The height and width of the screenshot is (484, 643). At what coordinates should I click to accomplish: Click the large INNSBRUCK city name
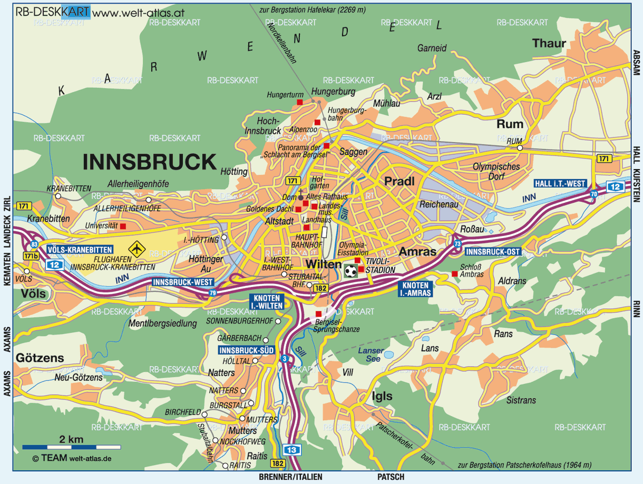coord(150,161)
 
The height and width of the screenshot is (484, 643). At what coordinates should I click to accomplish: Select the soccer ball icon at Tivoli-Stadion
coord(350,271)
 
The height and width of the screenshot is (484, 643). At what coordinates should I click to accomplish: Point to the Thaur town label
coord(549,44)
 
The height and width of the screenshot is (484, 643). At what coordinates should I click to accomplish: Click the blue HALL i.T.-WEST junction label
coord(560,184)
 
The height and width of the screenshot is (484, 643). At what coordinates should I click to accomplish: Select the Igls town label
coord(382,396)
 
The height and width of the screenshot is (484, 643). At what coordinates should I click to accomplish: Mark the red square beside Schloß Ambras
coord(454,274)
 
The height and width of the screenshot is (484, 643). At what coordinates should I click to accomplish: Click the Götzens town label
coord(40,358)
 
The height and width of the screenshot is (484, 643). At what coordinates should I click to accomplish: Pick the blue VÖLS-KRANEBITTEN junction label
coord(80,250)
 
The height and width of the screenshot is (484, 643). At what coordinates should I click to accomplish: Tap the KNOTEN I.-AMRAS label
coord(415,289)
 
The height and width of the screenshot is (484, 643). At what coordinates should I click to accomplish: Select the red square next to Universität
coord(123,226)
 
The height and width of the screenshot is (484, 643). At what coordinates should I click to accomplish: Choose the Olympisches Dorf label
coord(496,171)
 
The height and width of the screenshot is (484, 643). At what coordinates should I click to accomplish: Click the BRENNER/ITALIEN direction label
coord(290,477)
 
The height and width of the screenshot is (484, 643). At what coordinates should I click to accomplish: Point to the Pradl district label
coord(399,182)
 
